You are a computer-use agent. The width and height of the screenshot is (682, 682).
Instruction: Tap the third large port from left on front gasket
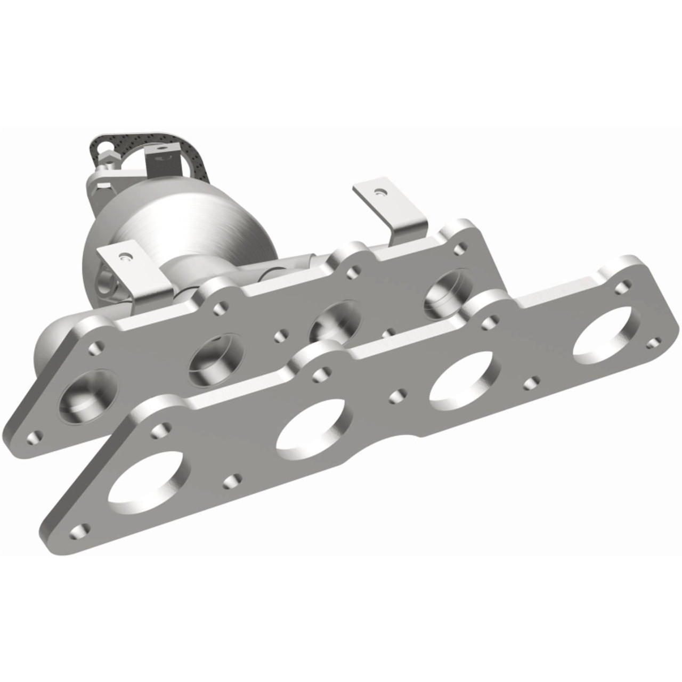(462, 379)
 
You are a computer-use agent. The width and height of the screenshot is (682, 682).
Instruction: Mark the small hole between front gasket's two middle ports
(396, 396)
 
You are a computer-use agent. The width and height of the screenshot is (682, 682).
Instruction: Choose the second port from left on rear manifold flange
(217, 360)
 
